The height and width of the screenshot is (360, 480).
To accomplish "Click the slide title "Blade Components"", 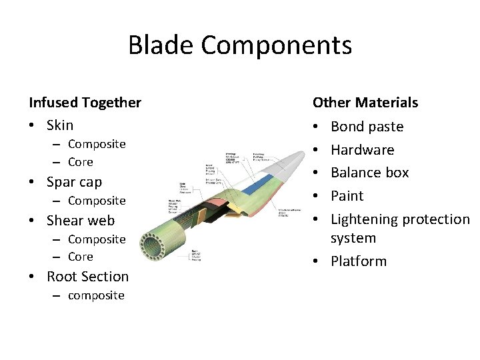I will point(240,45).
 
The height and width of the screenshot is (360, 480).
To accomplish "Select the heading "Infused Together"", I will point(85,103).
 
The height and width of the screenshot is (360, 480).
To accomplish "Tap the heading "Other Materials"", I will point(365,103).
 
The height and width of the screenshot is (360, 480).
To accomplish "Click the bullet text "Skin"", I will point(60,125).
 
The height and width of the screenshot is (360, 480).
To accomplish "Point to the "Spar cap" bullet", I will point(74,182).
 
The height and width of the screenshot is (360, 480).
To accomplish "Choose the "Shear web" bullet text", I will point(81,221).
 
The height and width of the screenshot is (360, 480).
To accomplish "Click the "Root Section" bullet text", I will point(87,277).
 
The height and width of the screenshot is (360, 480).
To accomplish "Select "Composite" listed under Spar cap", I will point(97,201).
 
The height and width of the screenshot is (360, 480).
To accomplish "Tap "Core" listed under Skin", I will point(81,162).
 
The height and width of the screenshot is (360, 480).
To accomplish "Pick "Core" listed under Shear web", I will point(81,257).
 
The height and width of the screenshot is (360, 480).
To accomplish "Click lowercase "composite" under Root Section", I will point(96,295).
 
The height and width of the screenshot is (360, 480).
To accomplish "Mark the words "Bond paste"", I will point(367,127).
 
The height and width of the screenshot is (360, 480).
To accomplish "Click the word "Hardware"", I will point(362,150).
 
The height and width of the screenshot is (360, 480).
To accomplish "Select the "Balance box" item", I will point(369,173).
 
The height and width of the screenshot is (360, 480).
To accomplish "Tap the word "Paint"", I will point(347,196).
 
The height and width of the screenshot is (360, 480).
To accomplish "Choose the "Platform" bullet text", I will point(359,261).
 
